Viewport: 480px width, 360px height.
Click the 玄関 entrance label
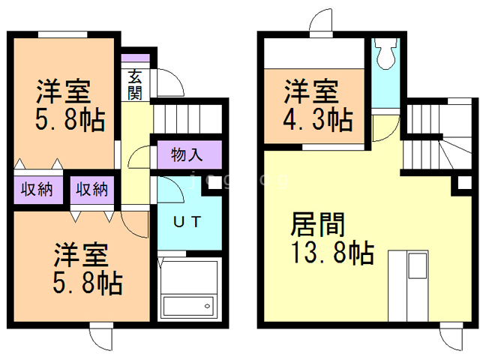[x=136, y=84]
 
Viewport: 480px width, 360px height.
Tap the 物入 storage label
[x=187, y=156]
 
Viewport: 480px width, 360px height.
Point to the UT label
[x=187, y=223]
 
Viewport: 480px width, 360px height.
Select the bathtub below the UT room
[x=188, y=307]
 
